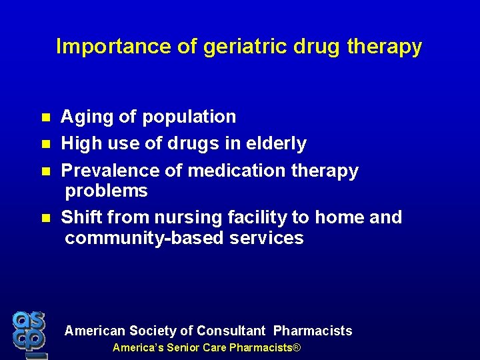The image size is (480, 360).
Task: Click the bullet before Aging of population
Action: tap(46, 117)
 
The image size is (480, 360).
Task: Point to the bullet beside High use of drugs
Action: tap(46, 144)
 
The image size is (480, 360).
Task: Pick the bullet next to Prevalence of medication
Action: tap(46, 171)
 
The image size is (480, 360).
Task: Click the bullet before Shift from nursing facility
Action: tap(46, 217)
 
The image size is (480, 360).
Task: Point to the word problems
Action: tap(106, 191)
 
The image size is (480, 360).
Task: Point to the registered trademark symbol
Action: tap(297, 348)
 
